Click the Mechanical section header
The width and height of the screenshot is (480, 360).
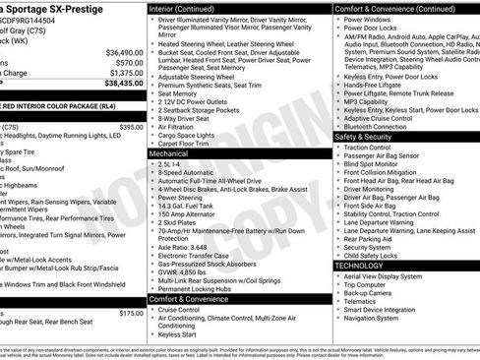[169, 154]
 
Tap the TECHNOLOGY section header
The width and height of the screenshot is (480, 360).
[359, 266]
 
